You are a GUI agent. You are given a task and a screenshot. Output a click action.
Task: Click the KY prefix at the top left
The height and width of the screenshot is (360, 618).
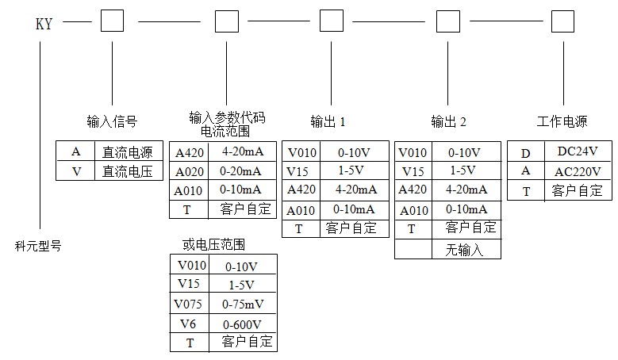click(x=44, y=24)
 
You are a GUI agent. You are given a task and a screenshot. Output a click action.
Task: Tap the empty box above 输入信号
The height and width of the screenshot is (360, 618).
click(x=112, y=21)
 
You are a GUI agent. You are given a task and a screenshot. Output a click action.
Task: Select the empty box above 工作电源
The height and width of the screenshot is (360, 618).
click(x=562, y=21)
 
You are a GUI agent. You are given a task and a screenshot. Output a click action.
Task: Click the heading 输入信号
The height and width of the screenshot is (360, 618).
click(x=112, y=121)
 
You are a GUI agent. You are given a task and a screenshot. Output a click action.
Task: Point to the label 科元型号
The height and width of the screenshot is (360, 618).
click(x=38, y=246)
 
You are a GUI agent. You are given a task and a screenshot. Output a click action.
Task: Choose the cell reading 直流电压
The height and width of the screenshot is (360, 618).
click(x=127, y=171)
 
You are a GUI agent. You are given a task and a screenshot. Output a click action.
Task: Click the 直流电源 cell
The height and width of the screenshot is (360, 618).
click(x=127, y=152)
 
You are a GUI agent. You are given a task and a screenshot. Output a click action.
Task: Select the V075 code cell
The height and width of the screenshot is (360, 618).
click(x=190, y=304)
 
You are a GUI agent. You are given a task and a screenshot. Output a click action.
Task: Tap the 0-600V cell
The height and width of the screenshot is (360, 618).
click(x=243, y=324)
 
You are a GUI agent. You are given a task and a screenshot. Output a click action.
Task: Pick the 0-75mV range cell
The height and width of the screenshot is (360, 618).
click(x=243, y=304)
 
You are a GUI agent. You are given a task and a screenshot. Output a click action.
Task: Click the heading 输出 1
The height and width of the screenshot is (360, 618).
click(x=328, y=121)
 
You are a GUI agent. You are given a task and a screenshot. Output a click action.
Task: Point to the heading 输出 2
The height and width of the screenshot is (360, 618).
click(x=448, y=121)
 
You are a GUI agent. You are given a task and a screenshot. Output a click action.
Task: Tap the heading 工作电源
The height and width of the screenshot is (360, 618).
click(x=562, y=121)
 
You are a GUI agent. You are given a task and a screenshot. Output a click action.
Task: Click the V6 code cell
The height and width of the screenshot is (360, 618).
click(x=190, y=324)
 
